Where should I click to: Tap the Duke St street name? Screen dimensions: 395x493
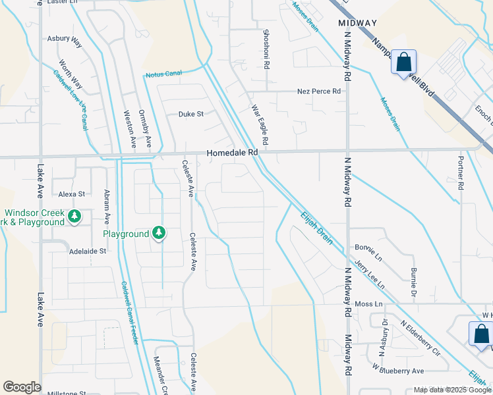click(x=191, y=114)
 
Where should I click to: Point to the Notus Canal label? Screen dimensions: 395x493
click(x=163, y=74)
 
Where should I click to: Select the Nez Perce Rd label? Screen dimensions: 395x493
click(x=319, y=92)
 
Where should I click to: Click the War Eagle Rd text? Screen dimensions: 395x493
click(x=260, y=125)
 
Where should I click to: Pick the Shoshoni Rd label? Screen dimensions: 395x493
click(x=266, y=43)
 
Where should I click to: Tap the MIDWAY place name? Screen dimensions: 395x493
click(x=358, y=23)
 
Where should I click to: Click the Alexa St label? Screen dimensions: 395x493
click(x=72, y=194)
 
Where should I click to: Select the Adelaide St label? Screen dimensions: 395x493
click(x=88, y=251)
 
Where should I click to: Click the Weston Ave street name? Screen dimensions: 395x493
click(x=129, y=128)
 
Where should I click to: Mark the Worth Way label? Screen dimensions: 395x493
click(x=71, y=74)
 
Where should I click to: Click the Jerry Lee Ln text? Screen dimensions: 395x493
click(x=370, y=275)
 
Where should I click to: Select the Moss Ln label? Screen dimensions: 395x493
click(x=368, y=304)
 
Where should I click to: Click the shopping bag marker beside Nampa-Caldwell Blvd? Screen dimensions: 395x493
click(x=403, y=63)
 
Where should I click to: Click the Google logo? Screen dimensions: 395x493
click(x=22, y=387)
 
